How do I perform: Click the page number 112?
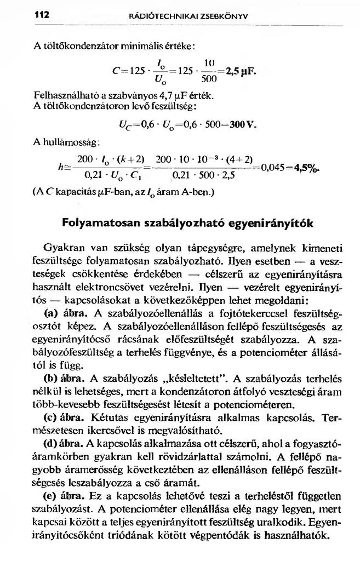click(x=41, y=15)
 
